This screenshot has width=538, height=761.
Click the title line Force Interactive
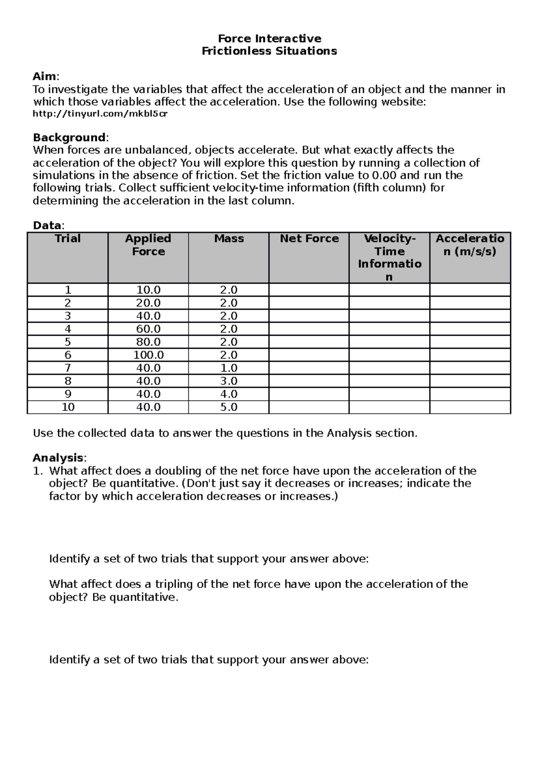(x=269, y=39)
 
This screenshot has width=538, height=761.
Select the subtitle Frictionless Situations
(x=269, y=51)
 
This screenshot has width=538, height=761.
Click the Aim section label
(x=45, y=76)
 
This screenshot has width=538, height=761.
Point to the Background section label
(x=69, y=137)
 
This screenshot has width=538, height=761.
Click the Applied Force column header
(x=148, y=245)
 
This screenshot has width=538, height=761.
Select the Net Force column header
(x=309, y=238)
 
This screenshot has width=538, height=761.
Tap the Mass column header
(x=229, y=238)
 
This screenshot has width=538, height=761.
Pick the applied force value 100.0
(x=148, y=355)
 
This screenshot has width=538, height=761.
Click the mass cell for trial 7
(x=229, y=368)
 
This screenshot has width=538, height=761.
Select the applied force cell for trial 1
(x=148, y=290)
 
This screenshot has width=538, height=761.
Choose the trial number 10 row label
(x=68, y=407)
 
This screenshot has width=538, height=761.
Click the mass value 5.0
(x=229, y=407)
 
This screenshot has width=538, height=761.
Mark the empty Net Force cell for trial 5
(x=309, y=342)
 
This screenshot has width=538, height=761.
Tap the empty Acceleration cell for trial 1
(x=470, y=290)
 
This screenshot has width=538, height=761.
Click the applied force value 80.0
(x=148, y=342)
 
